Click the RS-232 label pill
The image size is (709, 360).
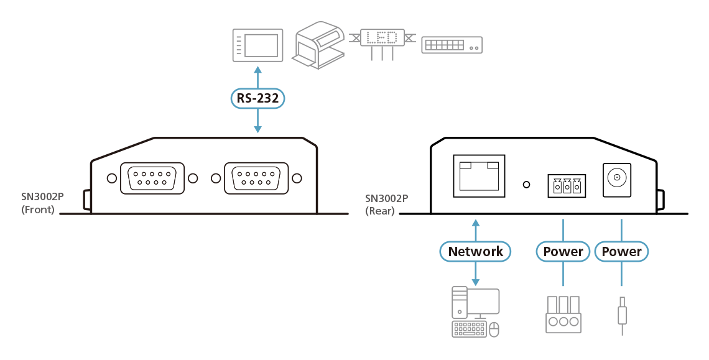tap(257, 98)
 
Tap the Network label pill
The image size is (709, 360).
tap(476, 251)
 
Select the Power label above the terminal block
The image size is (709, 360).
tap(563, 251)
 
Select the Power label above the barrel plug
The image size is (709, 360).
tap(622, 251)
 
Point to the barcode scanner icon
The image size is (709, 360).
tap(319, 45)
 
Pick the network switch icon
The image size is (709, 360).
tap(452, 45)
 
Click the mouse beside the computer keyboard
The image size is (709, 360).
tap(494, 330)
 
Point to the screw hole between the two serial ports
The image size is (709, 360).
tap(216, 178)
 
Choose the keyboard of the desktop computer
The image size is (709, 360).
tap(470, 330)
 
